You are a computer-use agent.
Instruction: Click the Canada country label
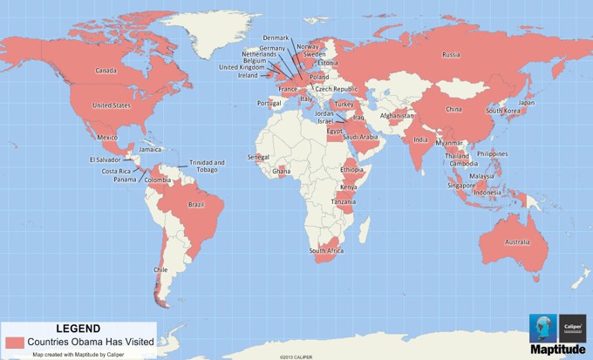coord(106,71)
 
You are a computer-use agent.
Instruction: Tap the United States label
coord(111,105)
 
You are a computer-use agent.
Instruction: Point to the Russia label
coord(451,55)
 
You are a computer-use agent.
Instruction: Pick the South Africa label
coord(325,251)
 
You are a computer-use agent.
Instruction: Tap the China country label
coord(453,110)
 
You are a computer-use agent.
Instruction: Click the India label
coord(420,139)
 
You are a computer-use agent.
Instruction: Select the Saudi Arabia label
coord(360,137)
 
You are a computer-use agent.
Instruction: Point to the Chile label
coord(160,270)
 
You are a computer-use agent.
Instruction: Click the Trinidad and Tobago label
coord(208,166)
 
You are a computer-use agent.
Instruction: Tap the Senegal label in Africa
coord(258,157)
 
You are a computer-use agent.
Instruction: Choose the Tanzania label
coord(343,201)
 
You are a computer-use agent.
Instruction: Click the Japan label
coord(527,103)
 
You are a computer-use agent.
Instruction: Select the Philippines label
coord(492,154)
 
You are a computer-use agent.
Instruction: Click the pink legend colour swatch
coord(14,341)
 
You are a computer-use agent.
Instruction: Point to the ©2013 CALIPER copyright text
coord(296,357)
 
